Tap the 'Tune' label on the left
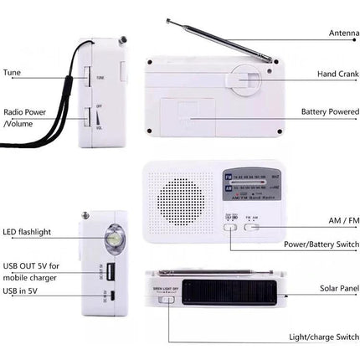[x=12, y=73]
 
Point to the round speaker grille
[x=180, y=201]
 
